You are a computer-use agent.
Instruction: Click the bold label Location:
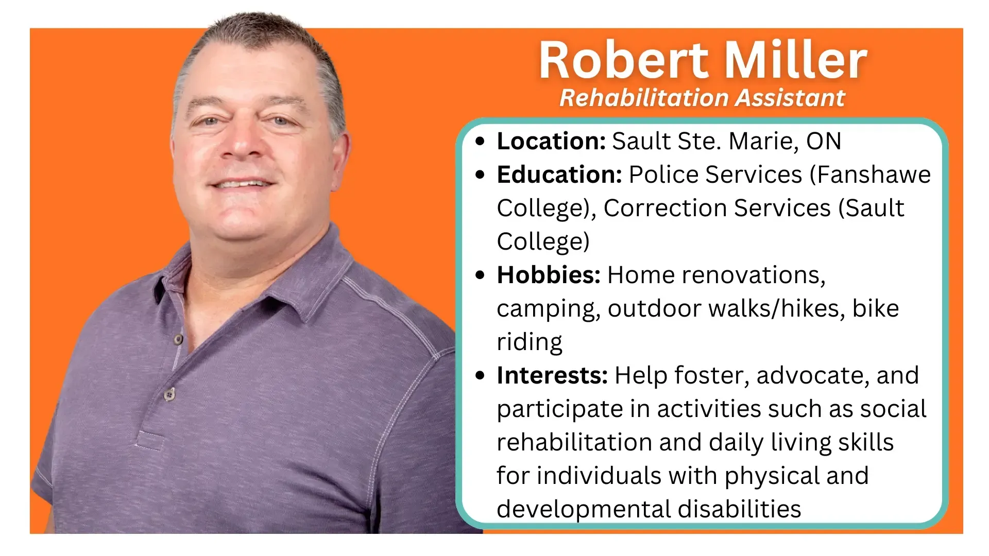[x=551, y=141]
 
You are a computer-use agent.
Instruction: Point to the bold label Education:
[x=559, y=175]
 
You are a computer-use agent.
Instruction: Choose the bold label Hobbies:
[x=549, y=275]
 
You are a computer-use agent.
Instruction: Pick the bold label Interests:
[x=552, y=375]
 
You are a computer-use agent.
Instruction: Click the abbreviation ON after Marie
[x=824, y=141]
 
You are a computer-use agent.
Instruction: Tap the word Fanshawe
[x=874, y=175]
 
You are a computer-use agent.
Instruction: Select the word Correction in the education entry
[x=664, y=208]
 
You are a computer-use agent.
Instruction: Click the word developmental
[x=583, y=509]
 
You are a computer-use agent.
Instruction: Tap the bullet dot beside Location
[x=480, y=142]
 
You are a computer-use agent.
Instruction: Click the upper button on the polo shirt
[x=178, y=339]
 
